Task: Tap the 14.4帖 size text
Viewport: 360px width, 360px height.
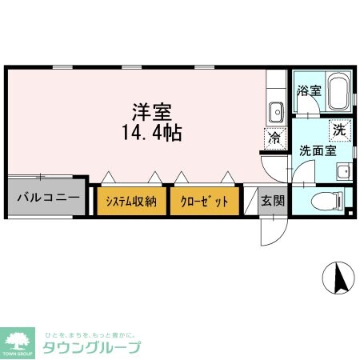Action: [x=152, y=132]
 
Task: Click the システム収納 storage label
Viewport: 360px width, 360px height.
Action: [x=133, y=201]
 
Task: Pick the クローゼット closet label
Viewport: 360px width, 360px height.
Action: [x=204, y=201]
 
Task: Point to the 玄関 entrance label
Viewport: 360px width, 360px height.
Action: [x=272, y=201]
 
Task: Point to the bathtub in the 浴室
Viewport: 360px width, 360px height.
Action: [x=337, y=93]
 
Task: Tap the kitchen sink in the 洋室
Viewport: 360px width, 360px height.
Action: [x=275, y=110]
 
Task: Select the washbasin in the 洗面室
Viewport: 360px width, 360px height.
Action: [x=343, y=170]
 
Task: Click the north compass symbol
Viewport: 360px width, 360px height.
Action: [x=339, y=278]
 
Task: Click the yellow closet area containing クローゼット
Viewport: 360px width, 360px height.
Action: [x=204, y=201]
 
